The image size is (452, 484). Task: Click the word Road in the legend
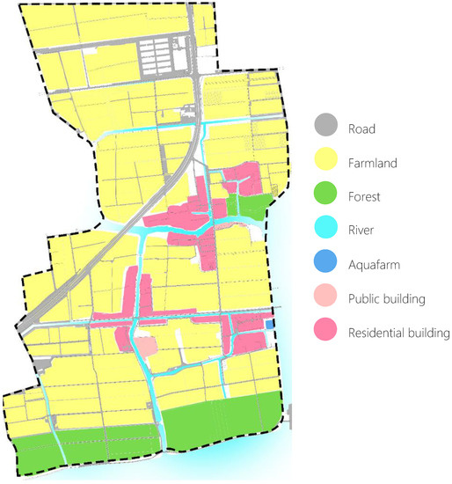[361, 129]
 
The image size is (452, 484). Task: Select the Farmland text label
[373, 163]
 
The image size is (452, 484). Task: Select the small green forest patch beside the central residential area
[248, 207]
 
